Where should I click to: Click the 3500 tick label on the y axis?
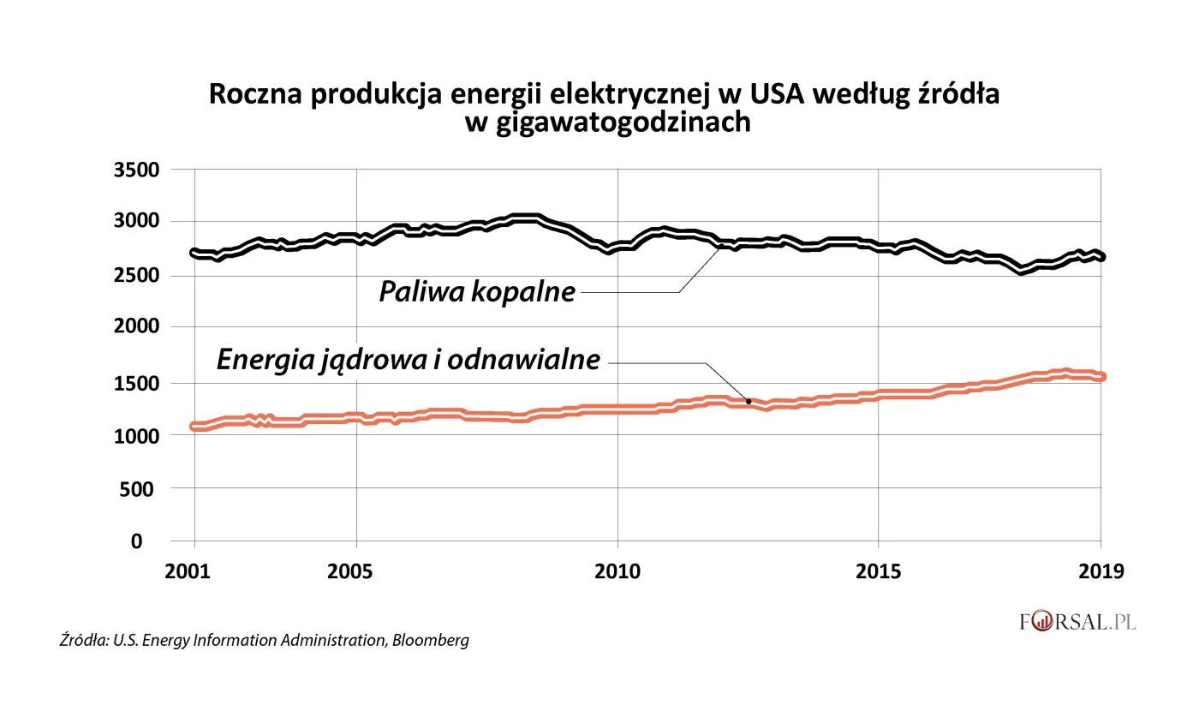[136, 169]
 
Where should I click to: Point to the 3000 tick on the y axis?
[136, 222]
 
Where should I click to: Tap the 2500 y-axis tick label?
[136, 275]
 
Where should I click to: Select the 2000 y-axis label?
[136, 328]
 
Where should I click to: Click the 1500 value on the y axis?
[136, 382]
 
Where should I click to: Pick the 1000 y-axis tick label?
[136, 435]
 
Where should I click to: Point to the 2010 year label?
[617, 571]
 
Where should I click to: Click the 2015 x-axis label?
[878, 571]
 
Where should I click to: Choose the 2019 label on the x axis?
[1100, 571]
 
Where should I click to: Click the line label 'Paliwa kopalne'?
[477, 292]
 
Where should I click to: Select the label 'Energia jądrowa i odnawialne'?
[409, 360]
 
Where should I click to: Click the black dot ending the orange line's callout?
[749, 401]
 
